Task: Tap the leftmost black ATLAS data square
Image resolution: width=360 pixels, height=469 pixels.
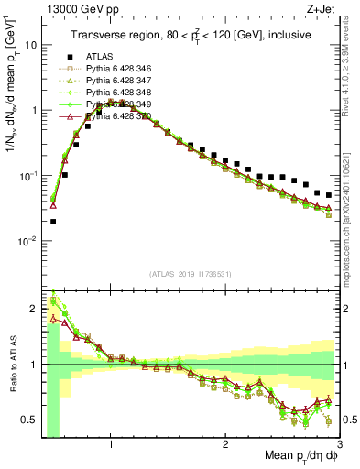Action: click(53, 221)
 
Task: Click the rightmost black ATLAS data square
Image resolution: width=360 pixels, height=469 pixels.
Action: click(328, 194)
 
